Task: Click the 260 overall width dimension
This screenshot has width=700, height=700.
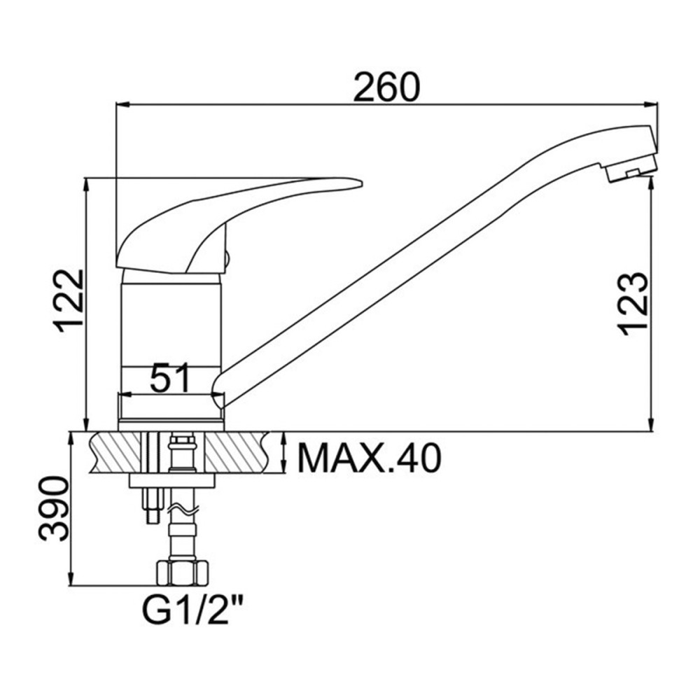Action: (x=386, y=87)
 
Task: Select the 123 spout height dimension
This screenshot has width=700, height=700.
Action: (x=633, y=303)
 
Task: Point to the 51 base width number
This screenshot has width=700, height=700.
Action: (x=171, y=378)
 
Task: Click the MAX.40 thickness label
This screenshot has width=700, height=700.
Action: (x=369, y=458)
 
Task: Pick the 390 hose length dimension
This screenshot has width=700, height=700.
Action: (x=54, y=508)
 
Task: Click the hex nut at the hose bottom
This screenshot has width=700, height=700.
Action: (x=182, y=574)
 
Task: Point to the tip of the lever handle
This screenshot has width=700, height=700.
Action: (x=360, y=183)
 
